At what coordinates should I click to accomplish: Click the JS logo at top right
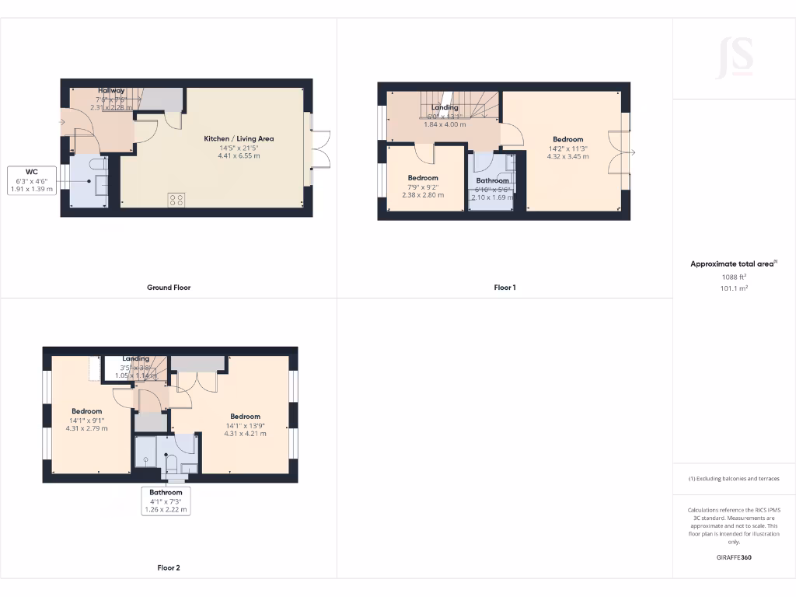735,57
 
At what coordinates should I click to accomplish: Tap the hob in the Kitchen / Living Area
176,199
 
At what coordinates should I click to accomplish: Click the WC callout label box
32,180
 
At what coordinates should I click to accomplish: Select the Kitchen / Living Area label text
239,138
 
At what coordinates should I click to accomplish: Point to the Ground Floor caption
169,288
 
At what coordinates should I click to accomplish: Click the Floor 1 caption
504,288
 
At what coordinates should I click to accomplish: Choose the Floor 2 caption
169,568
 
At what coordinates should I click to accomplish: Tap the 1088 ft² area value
734,276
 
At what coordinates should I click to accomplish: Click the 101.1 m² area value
734,288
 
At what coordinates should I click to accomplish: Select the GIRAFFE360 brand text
734,557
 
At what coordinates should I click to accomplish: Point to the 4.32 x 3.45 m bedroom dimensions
567,156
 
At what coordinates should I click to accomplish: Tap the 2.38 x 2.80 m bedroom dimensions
423,194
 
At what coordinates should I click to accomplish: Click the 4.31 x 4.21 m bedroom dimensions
245,433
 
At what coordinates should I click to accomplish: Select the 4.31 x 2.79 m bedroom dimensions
87,428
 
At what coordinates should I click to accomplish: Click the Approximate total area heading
732,264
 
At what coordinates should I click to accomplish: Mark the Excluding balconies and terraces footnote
734,479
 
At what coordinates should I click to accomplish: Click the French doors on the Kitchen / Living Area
320,148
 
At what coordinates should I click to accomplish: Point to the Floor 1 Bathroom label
493,180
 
